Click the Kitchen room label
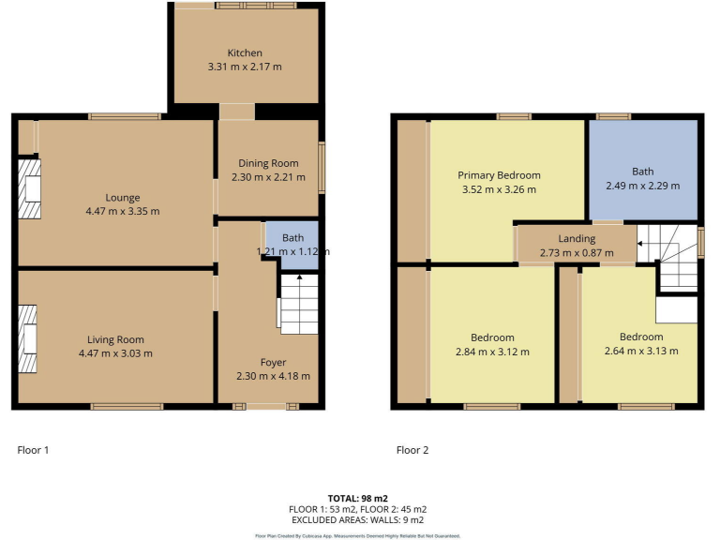point(245,52)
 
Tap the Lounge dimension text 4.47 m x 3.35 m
point(123,211)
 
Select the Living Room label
point(116,339)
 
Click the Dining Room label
point(268,163)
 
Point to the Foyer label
point(273,362)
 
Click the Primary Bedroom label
point(499,175)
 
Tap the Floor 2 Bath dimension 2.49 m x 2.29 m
point(642,186)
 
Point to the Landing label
point(577,239)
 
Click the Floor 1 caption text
point(33,450)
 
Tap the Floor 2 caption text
point(412,450)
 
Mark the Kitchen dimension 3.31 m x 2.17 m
point(245,67)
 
